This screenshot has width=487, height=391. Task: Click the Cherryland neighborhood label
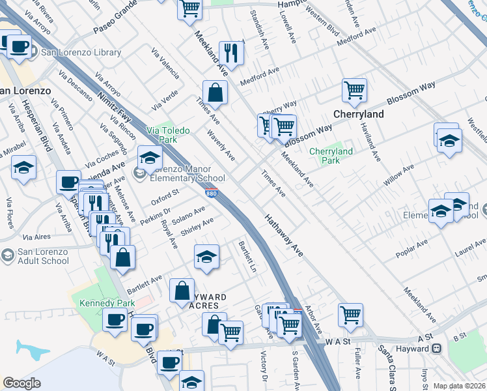click(x=358, y=114)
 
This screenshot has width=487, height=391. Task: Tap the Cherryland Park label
click(x=331, y=156)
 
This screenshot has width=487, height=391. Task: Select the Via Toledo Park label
click(x=168, y=135)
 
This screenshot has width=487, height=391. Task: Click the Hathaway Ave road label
click(x=283, y=235)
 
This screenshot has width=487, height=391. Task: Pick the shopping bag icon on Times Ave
click(x=215, y=93)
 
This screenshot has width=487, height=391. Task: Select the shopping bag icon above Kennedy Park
click(x=122, y=257)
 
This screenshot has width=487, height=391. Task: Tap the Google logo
click(x=21, y=383)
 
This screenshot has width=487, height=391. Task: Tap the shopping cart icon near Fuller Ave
click(x=350, y=315)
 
